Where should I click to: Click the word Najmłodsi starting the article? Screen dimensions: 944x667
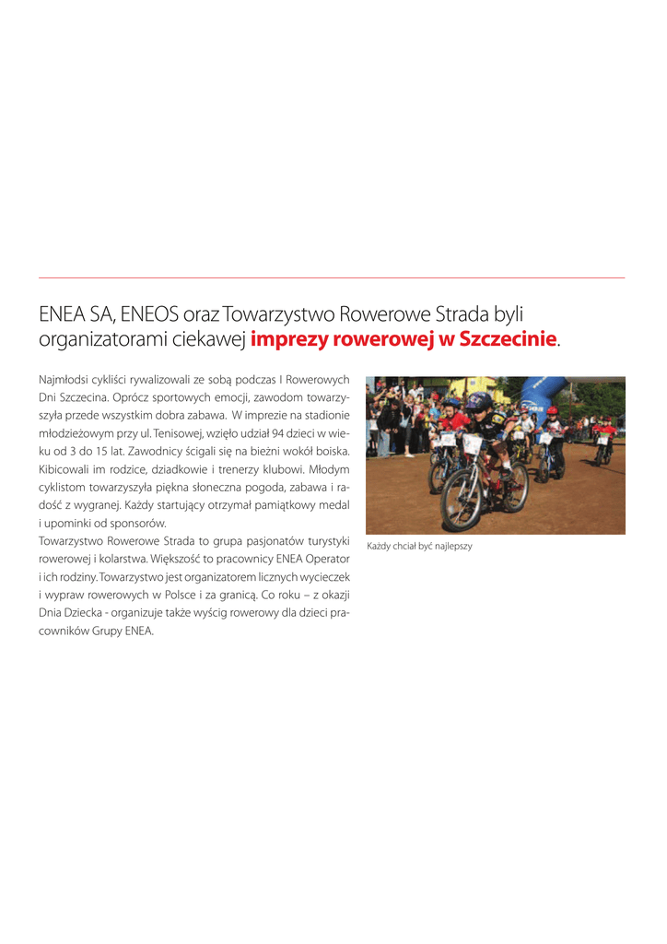pos(63,379)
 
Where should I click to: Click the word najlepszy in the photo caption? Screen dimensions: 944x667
pos(451,547)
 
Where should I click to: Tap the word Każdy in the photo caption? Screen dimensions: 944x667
pos(380,547)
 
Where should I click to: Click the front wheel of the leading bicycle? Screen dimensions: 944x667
pos(462,498)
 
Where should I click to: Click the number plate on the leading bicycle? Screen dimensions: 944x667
pos(471,444)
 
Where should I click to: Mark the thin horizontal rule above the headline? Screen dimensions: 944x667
pos(332,277)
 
